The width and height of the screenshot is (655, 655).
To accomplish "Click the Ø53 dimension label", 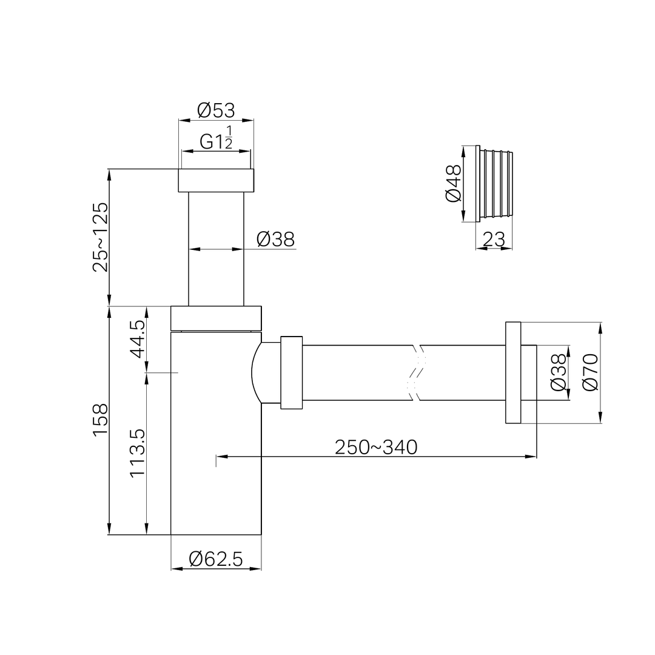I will pyautogui.click(x=216, y=110).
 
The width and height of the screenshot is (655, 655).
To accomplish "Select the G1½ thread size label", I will pyautogui.click(x=216, y=141).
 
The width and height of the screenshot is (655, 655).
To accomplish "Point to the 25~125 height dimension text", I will pyautogui.click(x=101, y=237).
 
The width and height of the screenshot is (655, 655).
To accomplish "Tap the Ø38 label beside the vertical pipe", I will pyautogui.click(x=275, y=240).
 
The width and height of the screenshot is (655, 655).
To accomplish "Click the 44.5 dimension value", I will pyautogui.click(x=138, y=340).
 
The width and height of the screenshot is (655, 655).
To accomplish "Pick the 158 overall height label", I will pyautogui.click(x=101, y=419).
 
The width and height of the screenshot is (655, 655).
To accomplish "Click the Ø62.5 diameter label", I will pyautogui.click(x=216, y=559).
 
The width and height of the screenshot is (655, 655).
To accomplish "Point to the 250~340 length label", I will pyautogui.click(x=376, y=447).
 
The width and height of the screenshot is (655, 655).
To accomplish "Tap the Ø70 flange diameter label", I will pyautogui.click(x=589, y=372).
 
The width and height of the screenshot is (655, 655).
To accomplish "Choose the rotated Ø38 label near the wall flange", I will pyautogui.click(x=558, y=373).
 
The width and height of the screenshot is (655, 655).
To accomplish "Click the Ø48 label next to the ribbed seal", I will pyautogui.click(x=453, y=184).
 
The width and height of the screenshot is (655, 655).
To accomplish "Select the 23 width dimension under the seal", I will pyautogui.click(x=494, y=240).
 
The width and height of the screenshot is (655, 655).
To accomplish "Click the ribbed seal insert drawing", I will pyautogui.click(x=495, y=184).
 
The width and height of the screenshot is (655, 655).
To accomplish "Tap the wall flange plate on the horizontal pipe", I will pyautogui.click(x=512, y=372).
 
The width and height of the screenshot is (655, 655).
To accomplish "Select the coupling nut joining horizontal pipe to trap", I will pyautogui.click(x=292, y=372).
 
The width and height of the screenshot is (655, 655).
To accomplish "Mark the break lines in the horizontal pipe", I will pyautogui.click(x=415, y=372).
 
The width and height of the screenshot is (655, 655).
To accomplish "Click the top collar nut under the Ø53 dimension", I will pyautogui.click(x=216, y=181).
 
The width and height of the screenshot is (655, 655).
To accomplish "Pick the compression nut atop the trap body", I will pyautogui.click(x=216, y=318).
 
